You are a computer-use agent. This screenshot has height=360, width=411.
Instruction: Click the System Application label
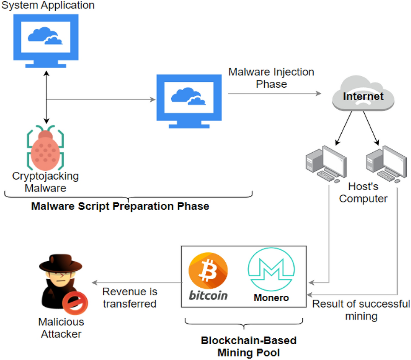pos(48,6)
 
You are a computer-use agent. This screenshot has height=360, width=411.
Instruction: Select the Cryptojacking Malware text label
pos(45,182)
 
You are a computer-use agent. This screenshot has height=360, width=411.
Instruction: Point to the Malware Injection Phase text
pos(271,78)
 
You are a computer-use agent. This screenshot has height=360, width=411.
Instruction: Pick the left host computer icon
pos(326,164)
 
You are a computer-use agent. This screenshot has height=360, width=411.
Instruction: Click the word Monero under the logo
pos(271,297)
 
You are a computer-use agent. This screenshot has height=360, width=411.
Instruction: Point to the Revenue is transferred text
pos(130,298)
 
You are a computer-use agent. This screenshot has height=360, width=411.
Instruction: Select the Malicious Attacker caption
pos(61,328)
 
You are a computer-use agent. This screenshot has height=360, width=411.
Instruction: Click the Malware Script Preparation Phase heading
pos(120,207)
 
